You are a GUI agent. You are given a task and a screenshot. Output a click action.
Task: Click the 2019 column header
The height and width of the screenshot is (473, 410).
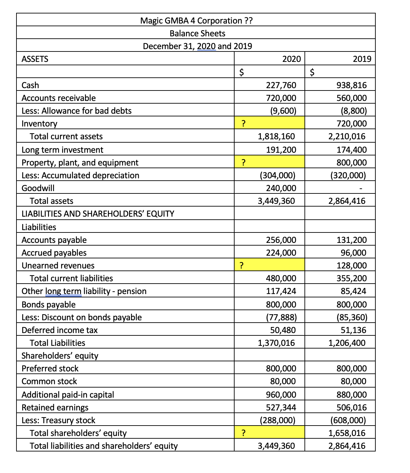362,59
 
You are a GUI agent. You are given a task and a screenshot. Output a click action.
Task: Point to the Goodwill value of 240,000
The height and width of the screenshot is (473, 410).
281,188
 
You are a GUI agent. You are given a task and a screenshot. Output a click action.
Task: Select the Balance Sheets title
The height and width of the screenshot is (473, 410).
197,33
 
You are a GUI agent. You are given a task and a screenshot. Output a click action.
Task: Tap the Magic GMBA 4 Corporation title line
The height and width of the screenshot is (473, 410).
196,21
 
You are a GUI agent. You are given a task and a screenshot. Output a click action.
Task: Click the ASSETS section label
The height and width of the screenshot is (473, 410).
35,59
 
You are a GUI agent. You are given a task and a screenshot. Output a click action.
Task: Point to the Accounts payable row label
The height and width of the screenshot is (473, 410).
54,240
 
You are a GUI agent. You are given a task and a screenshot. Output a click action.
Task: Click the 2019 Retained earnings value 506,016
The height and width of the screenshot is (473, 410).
352,407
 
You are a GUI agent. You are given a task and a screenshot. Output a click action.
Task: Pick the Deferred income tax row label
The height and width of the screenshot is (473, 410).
59,330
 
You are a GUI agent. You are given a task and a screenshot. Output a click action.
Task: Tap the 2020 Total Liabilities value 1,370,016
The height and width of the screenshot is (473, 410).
276,343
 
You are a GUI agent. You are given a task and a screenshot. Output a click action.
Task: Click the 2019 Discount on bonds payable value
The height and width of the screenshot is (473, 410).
352,317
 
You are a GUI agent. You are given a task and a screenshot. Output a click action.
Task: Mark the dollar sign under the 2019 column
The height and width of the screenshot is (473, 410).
312,72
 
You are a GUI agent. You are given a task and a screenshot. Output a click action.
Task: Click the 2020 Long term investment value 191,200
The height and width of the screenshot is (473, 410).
281,150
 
